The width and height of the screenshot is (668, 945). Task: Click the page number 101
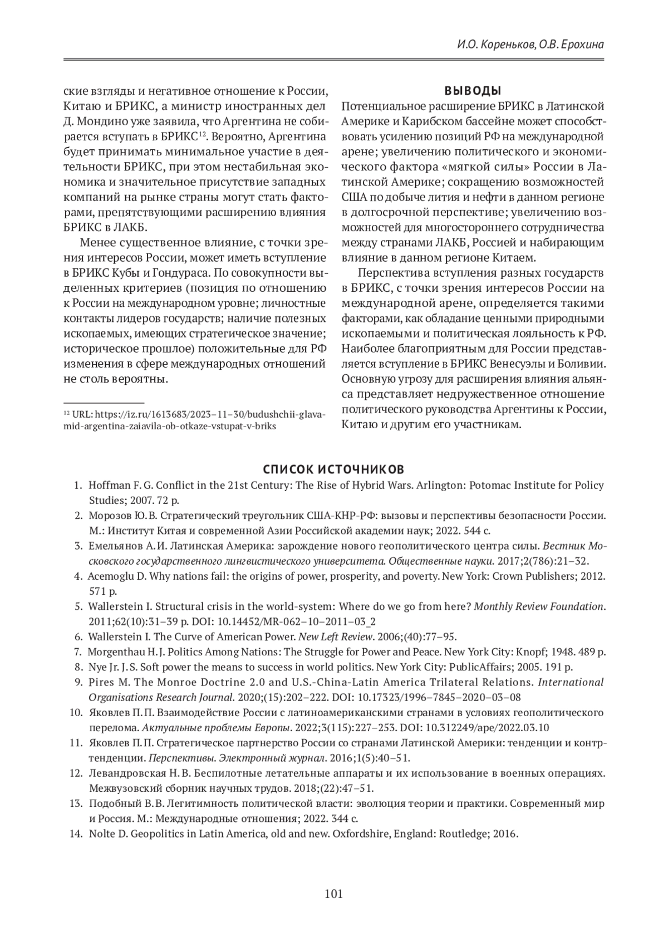(333, 894)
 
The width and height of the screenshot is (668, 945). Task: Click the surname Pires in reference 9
(101, 682)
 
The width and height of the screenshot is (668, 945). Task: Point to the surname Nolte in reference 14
(101, 834)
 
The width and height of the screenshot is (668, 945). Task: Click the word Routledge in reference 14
(460, 834)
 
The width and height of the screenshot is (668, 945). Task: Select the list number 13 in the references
(76, 804)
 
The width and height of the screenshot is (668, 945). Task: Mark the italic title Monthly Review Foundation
(539, 606)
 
